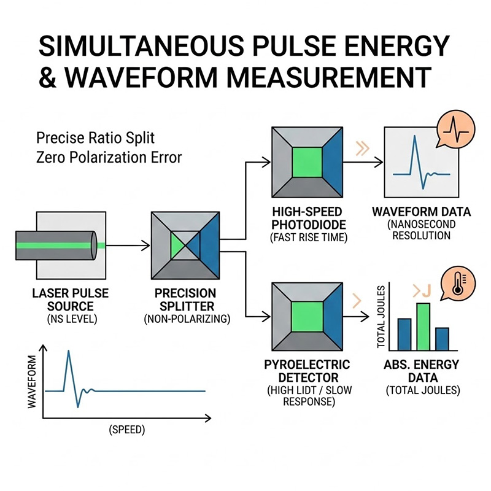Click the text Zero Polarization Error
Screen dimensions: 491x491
(109, 157)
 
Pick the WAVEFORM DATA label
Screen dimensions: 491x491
(421, 212)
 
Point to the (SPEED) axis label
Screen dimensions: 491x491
(127, 430)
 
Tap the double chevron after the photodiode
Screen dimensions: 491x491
(361, 147)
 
